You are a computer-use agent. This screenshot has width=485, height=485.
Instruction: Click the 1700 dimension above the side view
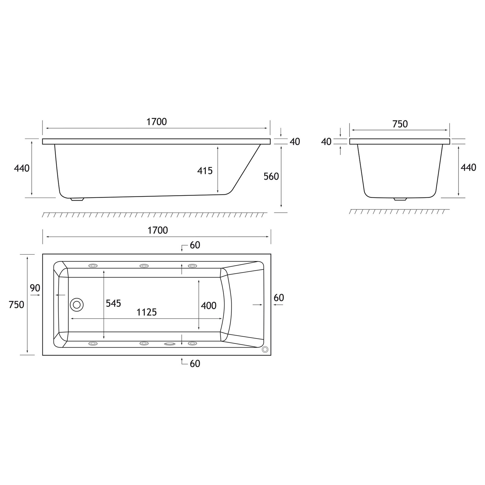(156, 122)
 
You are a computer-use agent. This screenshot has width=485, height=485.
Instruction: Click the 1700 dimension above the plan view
(158, 230)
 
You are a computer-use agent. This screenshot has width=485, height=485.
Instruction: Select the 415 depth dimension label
(205, 171)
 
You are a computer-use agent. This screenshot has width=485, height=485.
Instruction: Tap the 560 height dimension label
(271, 176)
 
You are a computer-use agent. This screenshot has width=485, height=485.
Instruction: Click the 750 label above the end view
(400, 124)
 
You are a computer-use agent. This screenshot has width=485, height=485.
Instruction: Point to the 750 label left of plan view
(16, 304)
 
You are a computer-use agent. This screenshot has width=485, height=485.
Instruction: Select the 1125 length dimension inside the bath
(146, 312)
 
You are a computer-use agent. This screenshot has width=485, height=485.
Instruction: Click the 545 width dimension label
(113, 303)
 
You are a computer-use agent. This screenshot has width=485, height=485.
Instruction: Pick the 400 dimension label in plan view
(209, 306)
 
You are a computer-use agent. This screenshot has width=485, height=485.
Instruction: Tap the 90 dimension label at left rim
(35, 288)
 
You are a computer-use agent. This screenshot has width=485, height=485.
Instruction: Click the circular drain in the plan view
(77, 304)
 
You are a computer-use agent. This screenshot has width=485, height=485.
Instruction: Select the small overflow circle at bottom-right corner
(265, 350)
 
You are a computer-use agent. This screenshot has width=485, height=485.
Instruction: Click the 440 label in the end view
(468, 167)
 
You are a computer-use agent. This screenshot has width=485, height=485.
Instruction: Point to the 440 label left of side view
(22, 168)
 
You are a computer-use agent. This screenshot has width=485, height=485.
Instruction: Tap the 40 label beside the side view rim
(295, 142)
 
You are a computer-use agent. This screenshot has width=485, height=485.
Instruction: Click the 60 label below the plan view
(195, 363)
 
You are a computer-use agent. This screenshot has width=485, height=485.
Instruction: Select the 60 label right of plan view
(279, 298)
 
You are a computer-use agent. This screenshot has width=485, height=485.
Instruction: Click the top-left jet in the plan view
(93, 266)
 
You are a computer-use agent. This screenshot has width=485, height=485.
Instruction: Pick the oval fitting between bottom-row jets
(169, 344)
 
